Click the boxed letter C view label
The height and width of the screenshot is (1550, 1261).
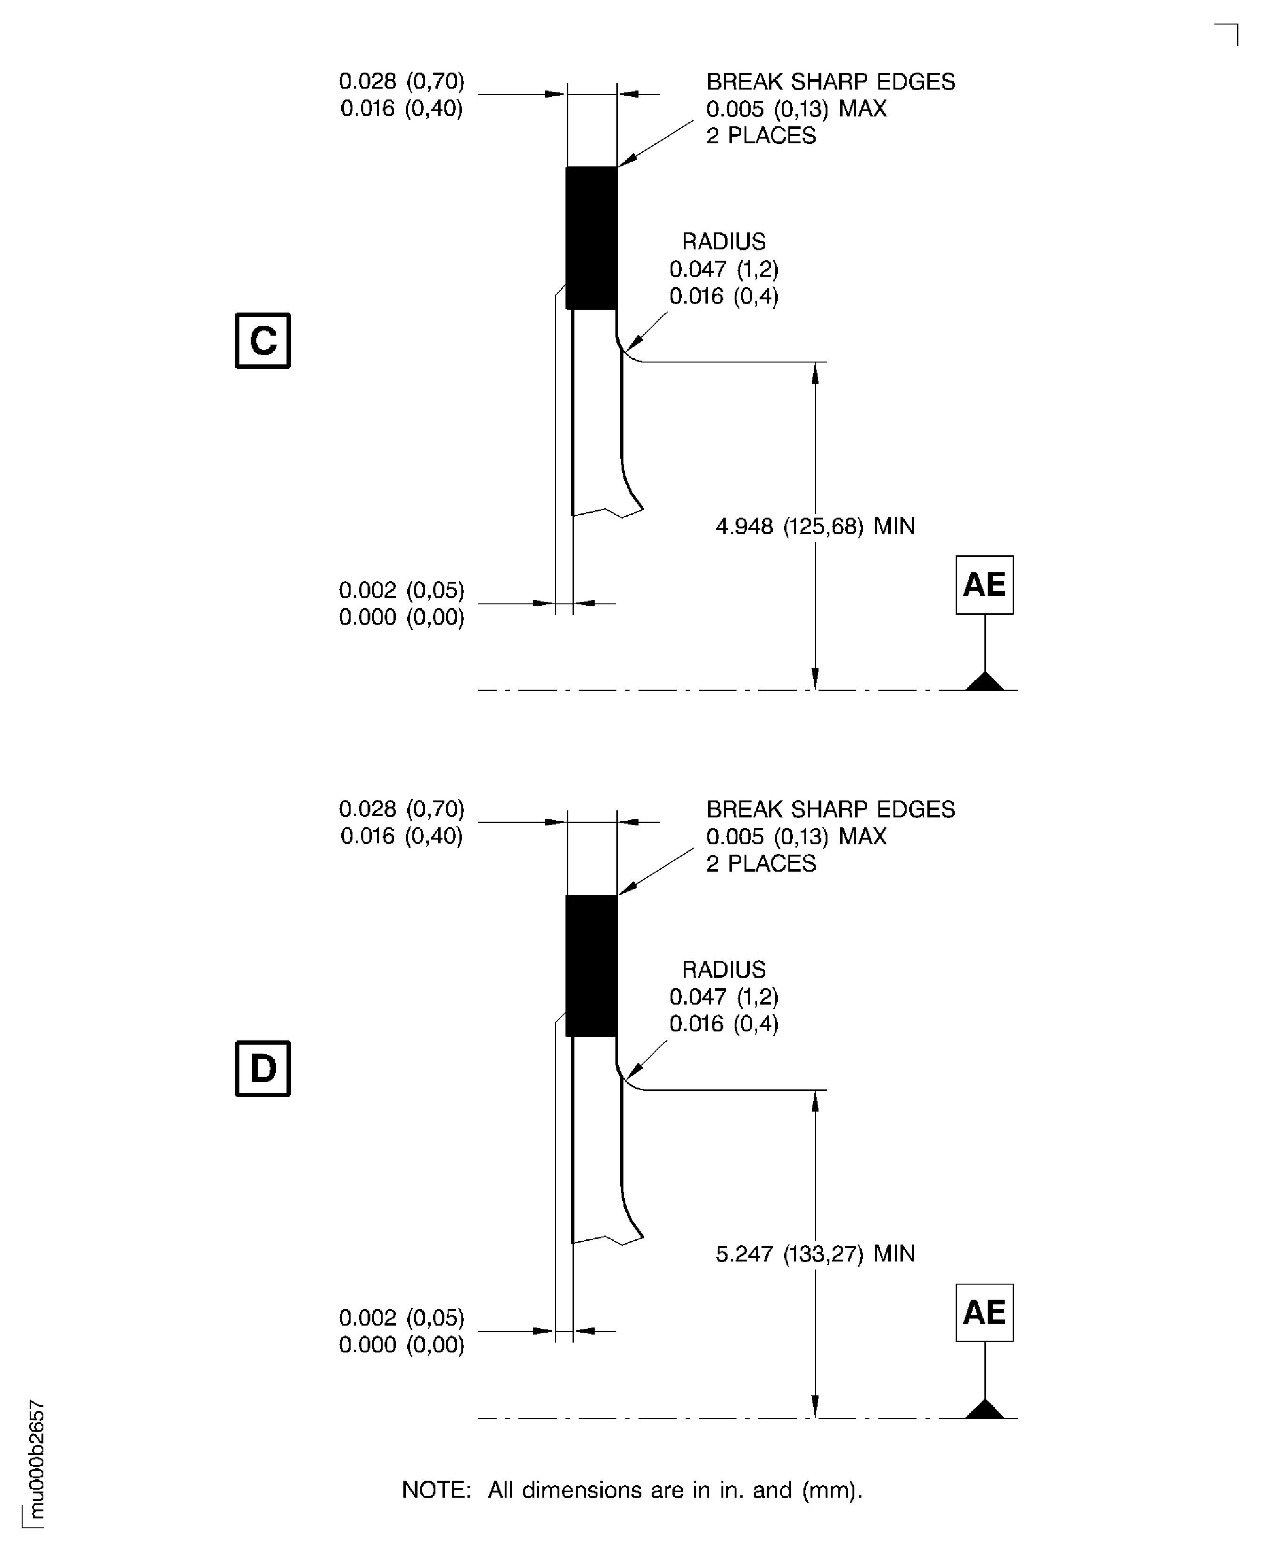(263, 341)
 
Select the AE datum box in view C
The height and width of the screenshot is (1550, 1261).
(984, 585)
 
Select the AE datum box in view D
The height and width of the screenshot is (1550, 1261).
(984, 1313)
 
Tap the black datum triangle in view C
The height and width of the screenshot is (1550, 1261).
(985, 682)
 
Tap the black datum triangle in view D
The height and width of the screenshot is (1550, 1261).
(985, 1409)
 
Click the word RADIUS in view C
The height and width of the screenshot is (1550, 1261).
(723, 242)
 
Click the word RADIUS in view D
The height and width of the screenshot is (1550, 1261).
(723, 969)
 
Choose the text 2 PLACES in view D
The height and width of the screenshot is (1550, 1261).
(761, 863)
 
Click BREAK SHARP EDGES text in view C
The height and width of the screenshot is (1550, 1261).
(831, 82)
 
